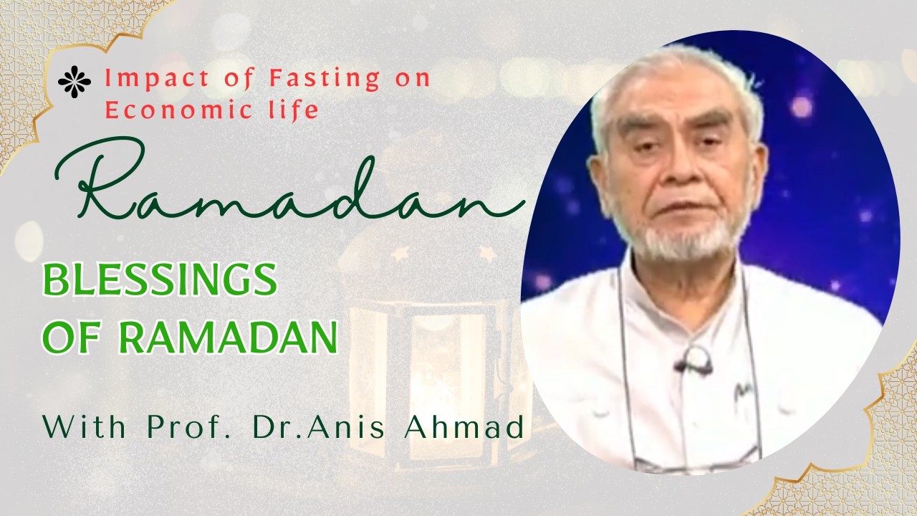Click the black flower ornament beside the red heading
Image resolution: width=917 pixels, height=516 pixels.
[75, 82]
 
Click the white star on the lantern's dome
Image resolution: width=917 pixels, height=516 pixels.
[489, 254]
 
